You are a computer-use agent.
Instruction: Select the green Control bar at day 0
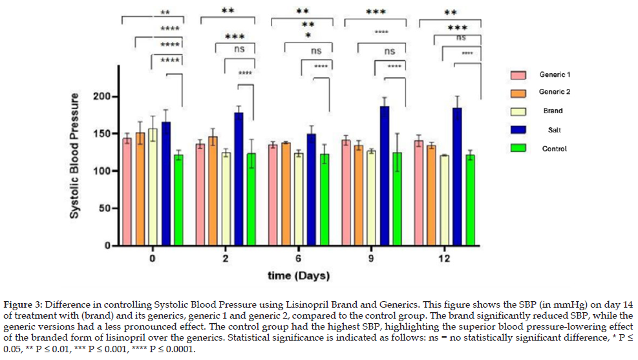point(178,200)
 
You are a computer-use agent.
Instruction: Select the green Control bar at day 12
point(471,200)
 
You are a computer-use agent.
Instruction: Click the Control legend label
point(554,149)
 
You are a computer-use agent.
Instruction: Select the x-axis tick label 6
point(298,259)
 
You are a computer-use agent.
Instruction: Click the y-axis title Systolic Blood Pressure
point(75,155)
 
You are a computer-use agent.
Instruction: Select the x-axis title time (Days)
point(299,276)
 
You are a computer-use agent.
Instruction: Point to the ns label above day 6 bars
point(316,50)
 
